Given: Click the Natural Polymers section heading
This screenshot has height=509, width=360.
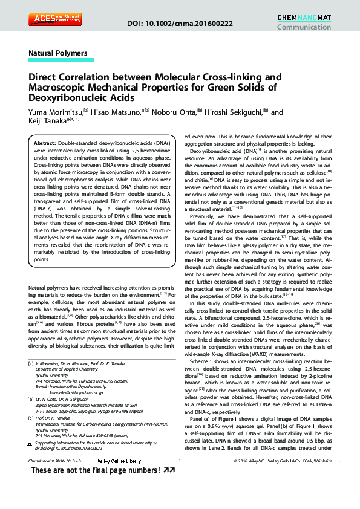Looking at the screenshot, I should tap(58, 53).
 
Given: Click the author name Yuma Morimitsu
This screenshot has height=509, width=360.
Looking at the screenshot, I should tap(56, 112).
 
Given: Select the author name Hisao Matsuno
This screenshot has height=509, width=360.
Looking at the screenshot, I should tap(114, 112).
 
